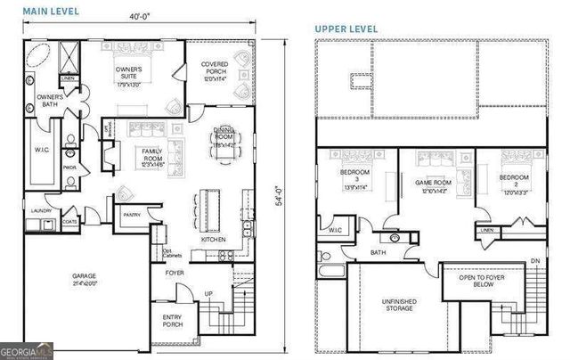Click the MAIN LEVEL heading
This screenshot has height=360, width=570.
[52, 11]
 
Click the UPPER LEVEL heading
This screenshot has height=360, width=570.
[346, 29]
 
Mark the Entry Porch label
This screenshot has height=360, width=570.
[172, 321]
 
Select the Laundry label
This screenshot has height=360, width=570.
[40, 211]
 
